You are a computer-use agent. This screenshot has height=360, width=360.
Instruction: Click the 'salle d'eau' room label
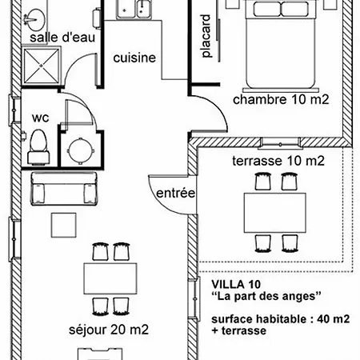click(x=62, y=38)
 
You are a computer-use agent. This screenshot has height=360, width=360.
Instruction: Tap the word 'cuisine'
click(x=134, y=58)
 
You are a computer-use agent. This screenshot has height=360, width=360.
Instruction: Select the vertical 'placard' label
click(x=206, y=36)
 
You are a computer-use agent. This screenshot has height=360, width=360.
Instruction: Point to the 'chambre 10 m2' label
click(x=281, y=99)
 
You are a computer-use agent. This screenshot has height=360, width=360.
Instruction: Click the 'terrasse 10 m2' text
click(x=278, y=161)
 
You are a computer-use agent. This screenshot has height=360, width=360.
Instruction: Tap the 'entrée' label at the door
click(x=175, y=193)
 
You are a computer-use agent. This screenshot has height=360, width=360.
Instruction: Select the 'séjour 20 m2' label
click(x=109, y=330)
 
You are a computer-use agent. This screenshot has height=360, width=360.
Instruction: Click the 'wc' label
click(x=41, y=118)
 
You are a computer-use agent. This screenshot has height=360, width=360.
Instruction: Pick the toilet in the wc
click(x=38, y=146)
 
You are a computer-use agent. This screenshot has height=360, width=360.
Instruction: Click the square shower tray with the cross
click(x=42, y=66)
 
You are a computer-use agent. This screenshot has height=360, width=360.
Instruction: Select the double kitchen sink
click(x=134, y=10)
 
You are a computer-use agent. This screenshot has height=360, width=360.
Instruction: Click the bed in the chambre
click(x=281, y=44)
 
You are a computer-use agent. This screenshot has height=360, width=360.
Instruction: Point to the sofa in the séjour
click(x=64, y=189)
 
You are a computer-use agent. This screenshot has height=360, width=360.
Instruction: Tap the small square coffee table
click(x=64, y=225)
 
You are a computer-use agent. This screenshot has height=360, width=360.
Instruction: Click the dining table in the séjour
click(x=110, y=278)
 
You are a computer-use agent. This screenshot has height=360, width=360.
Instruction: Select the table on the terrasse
click(x=275, y=213)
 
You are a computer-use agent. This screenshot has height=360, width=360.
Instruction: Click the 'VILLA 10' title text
click(x=236, y=285)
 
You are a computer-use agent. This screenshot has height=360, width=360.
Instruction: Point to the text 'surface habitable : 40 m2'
click(x=281, y=319)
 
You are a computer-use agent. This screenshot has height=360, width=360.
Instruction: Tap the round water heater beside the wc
click(x=81, y=150)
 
